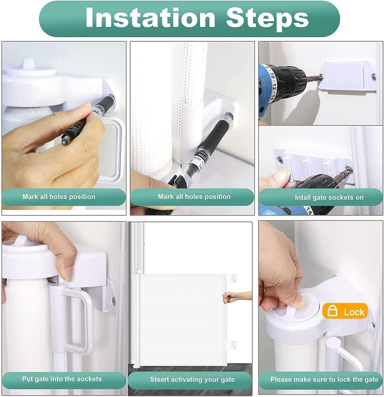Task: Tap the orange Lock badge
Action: coord(345,311)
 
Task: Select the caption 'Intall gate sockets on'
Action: coord(329,197)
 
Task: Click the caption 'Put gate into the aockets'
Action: coord(62,379)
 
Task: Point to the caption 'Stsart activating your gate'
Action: coord(192,379)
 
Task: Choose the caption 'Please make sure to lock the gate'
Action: coord(324,379)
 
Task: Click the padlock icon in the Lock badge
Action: coord(332,311)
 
